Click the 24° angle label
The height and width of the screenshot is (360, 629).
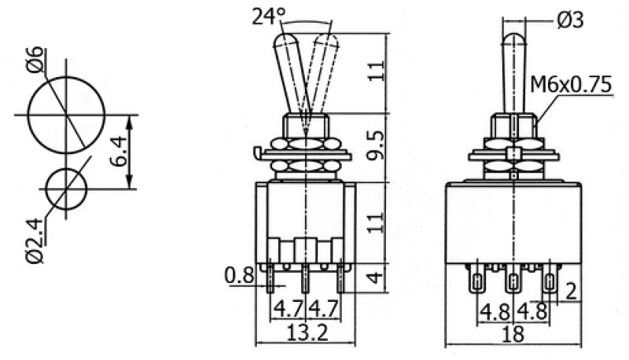pyautogui.click(x=268, y=17)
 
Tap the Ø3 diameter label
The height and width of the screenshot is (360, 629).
pyautogui.click(x=571, y=20)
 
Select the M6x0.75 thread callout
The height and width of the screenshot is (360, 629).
pyautogui.click(x=571, y=85)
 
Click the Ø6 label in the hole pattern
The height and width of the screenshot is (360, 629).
pyautogui.click(x=36, y=60)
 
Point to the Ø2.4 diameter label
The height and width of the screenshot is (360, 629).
pyautogui.click(x=36, y=241)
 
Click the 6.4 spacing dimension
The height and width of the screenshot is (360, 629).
pyautogui.click(x=119, y=151)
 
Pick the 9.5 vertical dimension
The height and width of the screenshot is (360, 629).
pyautogui.click(x=377, y=146)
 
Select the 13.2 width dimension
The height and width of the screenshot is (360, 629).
pyautogui.click(x=307, y=332)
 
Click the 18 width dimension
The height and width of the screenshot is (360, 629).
pyautogui.click(x=513, y=333)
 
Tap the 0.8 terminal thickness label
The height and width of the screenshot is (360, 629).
pyautogui.click(x=240, y=275)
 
